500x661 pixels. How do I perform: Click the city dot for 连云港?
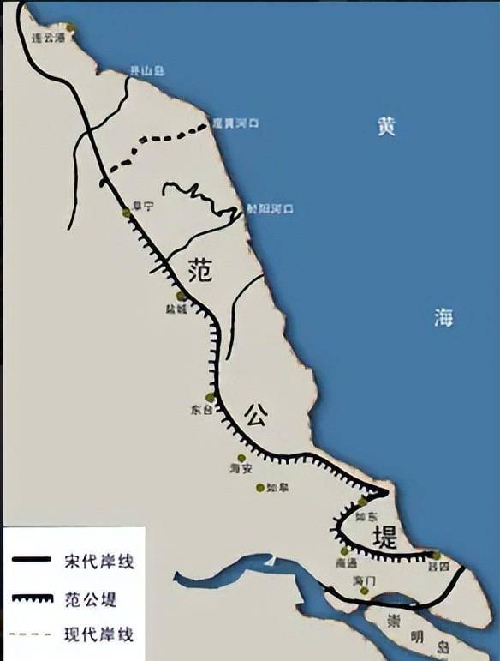pos(70,28)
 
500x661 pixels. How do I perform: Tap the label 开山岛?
pos(140,70)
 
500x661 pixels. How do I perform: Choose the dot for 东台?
pos(210,397)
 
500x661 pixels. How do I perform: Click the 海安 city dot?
pos(241,458)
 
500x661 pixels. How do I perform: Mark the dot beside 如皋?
pos(260,488)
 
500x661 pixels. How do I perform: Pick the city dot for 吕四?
pos(437,556)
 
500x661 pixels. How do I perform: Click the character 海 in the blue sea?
pos(442,319)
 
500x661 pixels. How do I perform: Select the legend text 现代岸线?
pos(99,635)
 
